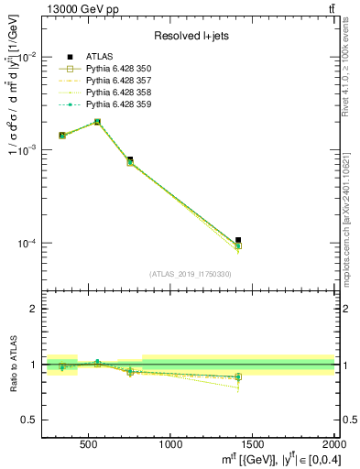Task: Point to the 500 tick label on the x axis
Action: click(x=89, y=444)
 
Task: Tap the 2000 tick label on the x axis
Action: click(x=330, y=444)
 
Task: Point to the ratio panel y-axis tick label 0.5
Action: click(x=29, y=420)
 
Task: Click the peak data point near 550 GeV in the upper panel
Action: click(x=97, y=121)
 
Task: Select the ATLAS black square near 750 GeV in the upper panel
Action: click(x=130, y=159)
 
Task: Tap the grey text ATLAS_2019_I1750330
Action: click(x=190, y=274)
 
